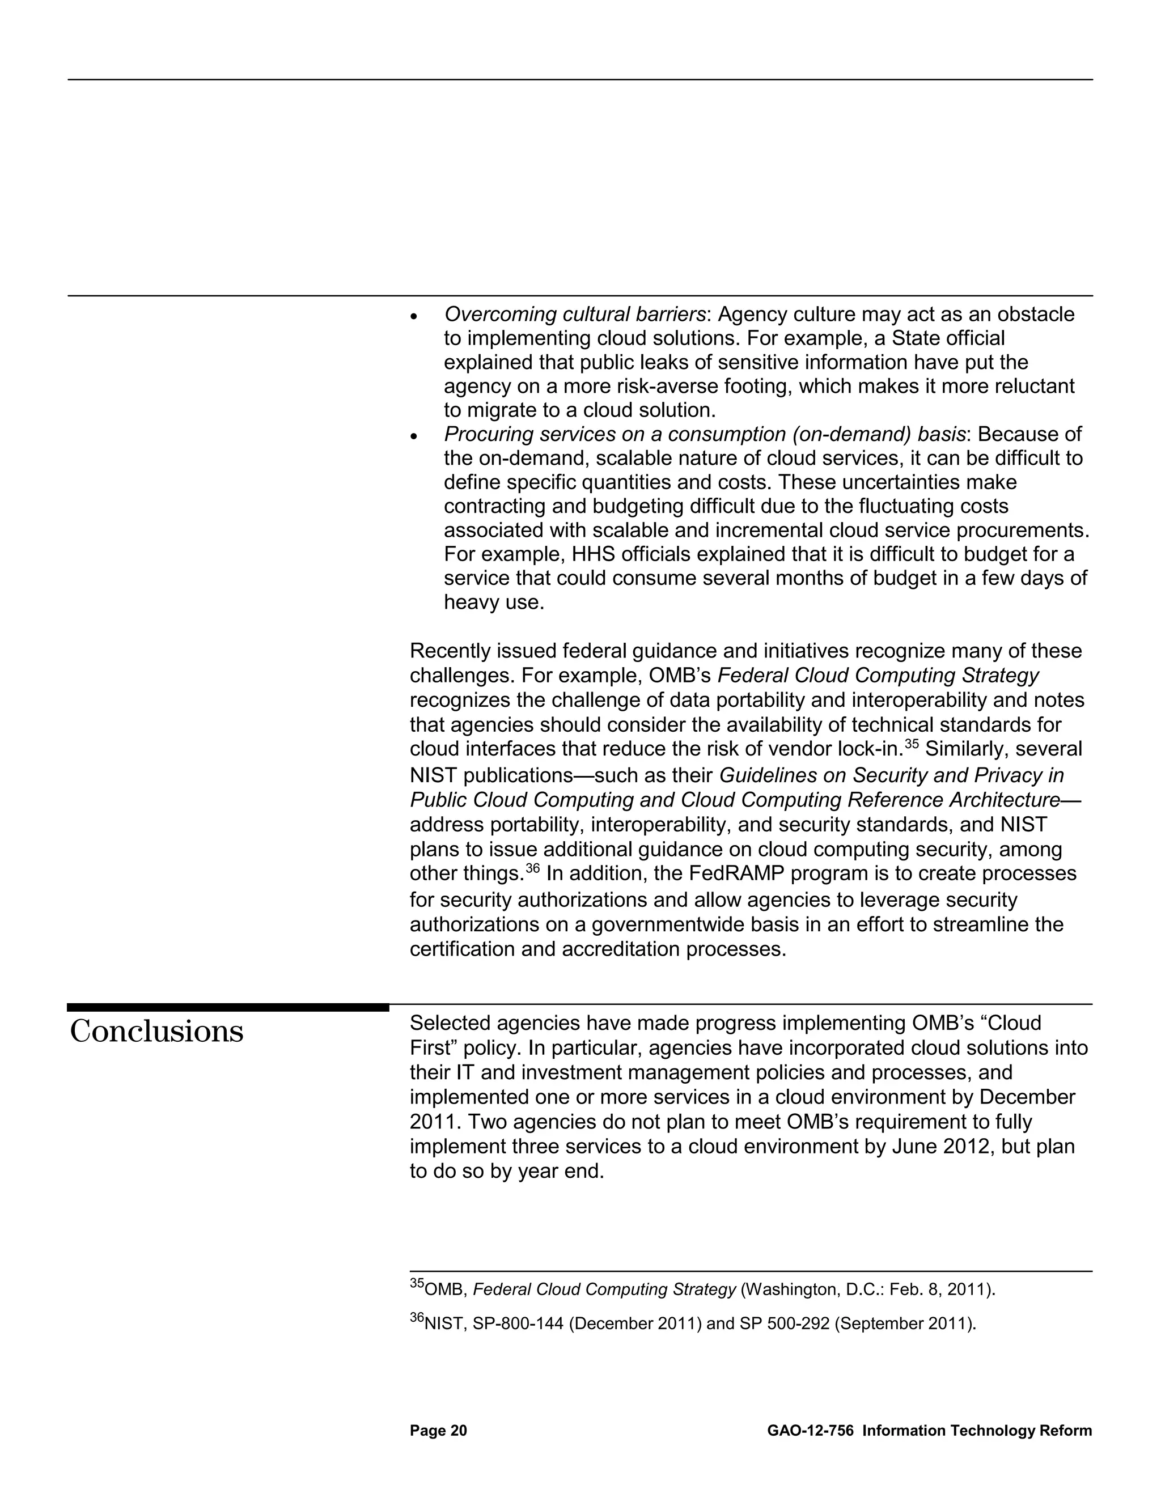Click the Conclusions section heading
pyautogui.click(x=157, y=1032)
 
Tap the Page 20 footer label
pyautogui.click(x=438, y=1431)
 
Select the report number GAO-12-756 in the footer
pyautogui.click(x=810, y=1431)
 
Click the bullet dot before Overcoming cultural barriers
pyautogui.click(x=413, y=317)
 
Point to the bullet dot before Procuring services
pyautogui.click(x=413, y=436)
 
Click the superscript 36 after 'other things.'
pyautogui.click(x=533, y=868)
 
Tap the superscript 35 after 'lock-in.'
pyautogui.click(x=912, y=744)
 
